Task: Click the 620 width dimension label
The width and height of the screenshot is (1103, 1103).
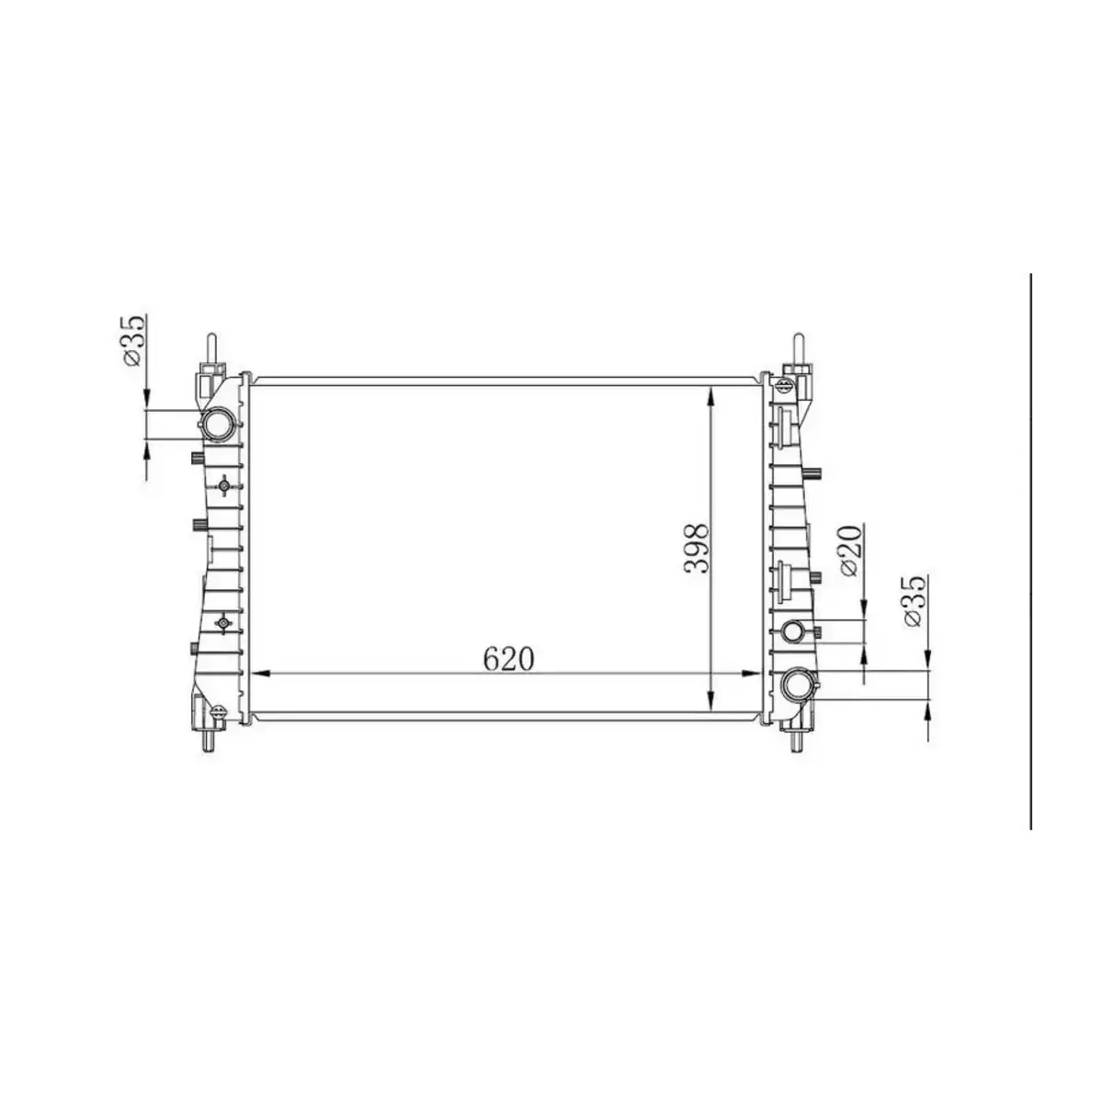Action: [508, 658]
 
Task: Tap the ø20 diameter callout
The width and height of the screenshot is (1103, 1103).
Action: [851, 551]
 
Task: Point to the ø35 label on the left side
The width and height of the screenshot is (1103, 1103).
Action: [132, 341]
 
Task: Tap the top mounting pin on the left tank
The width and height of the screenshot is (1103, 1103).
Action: [211, 347]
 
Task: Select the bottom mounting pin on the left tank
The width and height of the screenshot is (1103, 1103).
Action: [210, 737]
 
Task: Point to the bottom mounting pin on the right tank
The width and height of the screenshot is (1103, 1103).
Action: [796, 738]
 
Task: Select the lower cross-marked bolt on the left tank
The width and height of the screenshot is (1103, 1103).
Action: [223, 625]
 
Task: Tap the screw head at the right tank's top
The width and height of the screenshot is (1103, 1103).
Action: [787, 384]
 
